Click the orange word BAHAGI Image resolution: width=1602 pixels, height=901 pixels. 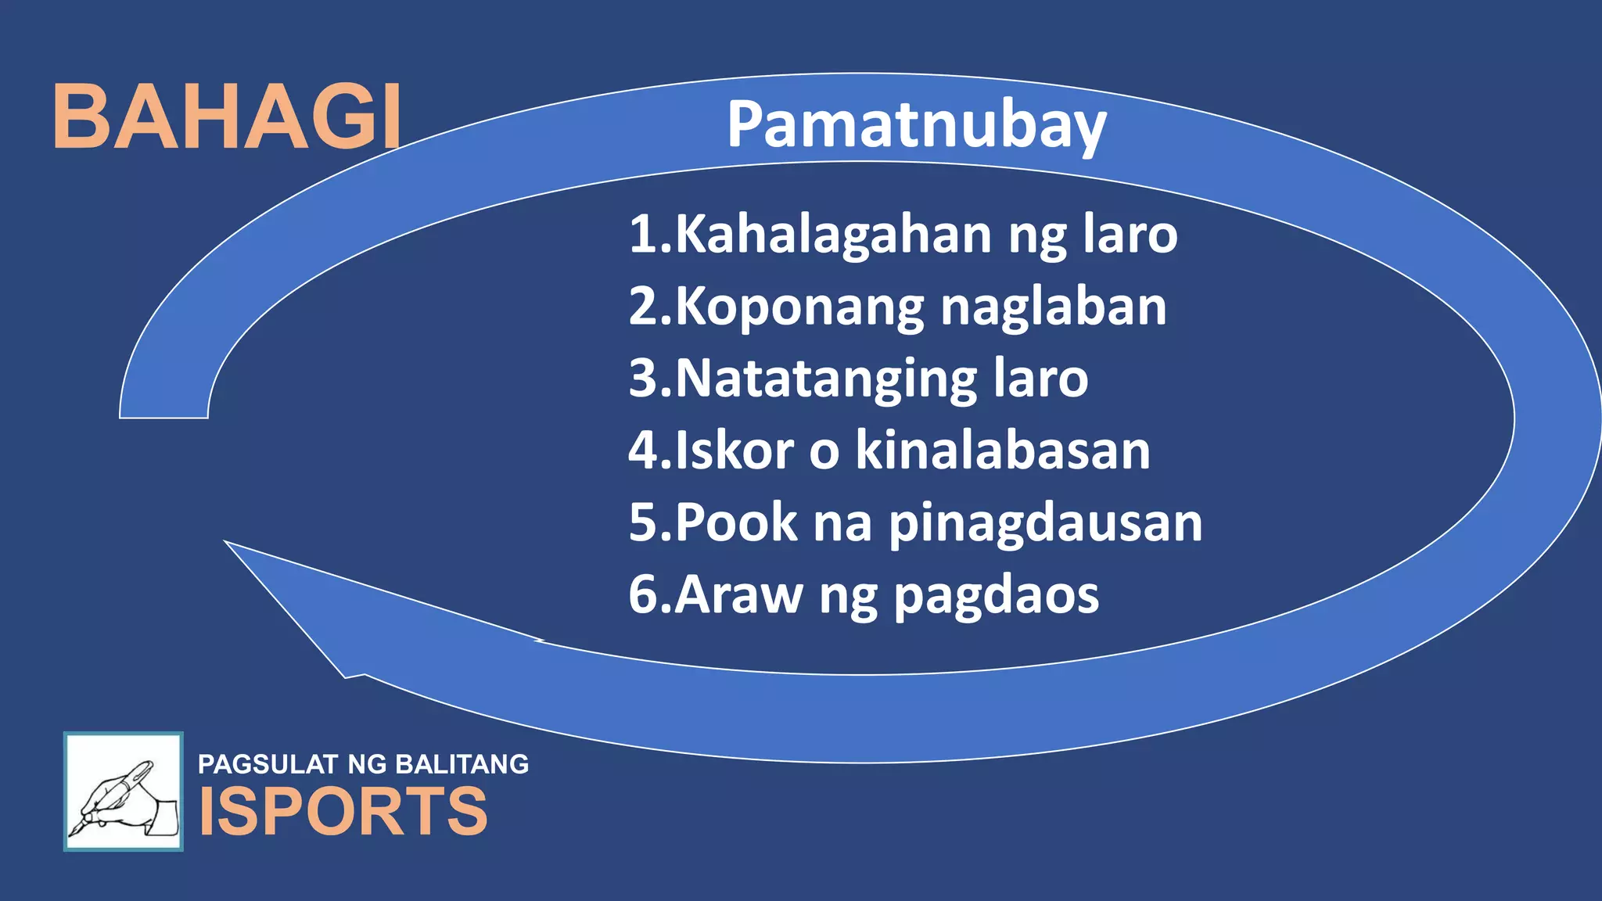(x=227, y=117)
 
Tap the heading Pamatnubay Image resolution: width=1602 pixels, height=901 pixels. (x=916, y=124)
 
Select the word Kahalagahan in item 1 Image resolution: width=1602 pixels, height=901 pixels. (x=834, y=234)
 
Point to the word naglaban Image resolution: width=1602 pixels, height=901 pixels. (x=1053, y=306)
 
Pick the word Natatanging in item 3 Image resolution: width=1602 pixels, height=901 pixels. (x=826, y=379)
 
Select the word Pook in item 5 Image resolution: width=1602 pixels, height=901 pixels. (x=735, y=522)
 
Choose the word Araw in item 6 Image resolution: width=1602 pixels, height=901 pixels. (x=738, y=595)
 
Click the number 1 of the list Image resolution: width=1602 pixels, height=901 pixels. (x=643, y=234)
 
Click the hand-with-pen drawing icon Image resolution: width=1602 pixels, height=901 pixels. (x=124, y=792)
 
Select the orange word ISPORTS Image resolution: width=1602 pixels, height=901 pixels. (x=343, y=811)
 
